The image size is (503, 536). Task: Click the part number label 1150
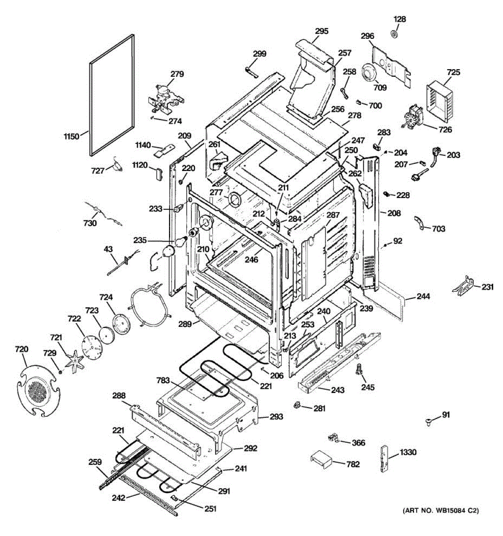(72, 136)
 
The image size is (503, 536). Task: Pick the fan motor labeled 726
(412, 117)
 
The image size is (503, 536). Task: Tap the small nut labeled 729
(60, 372)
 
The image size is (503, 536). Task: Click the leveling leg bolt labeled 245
(359, 369)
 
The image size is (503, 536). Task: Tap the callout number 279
(177, 74)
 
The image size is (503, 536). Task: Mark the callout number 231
(487, 287)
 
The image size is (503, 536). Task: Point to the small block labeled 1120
(159, 173)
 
